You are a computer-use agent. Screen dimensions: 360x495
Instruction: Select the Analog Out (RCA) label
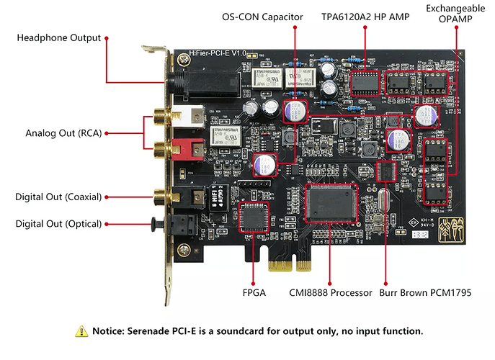coord(63,132)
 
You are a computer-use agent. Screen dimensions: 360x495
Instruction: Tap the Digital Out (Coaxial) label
coord(58,197)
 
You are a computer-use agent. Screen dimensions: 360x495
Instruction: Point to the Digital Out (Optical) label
coord(58,224)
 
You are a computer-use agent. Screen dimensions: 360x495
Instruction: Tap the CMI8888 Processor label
coord(329,293)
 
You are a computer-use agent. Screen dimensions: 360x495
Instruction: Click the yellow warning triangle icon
coord(80,331)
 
